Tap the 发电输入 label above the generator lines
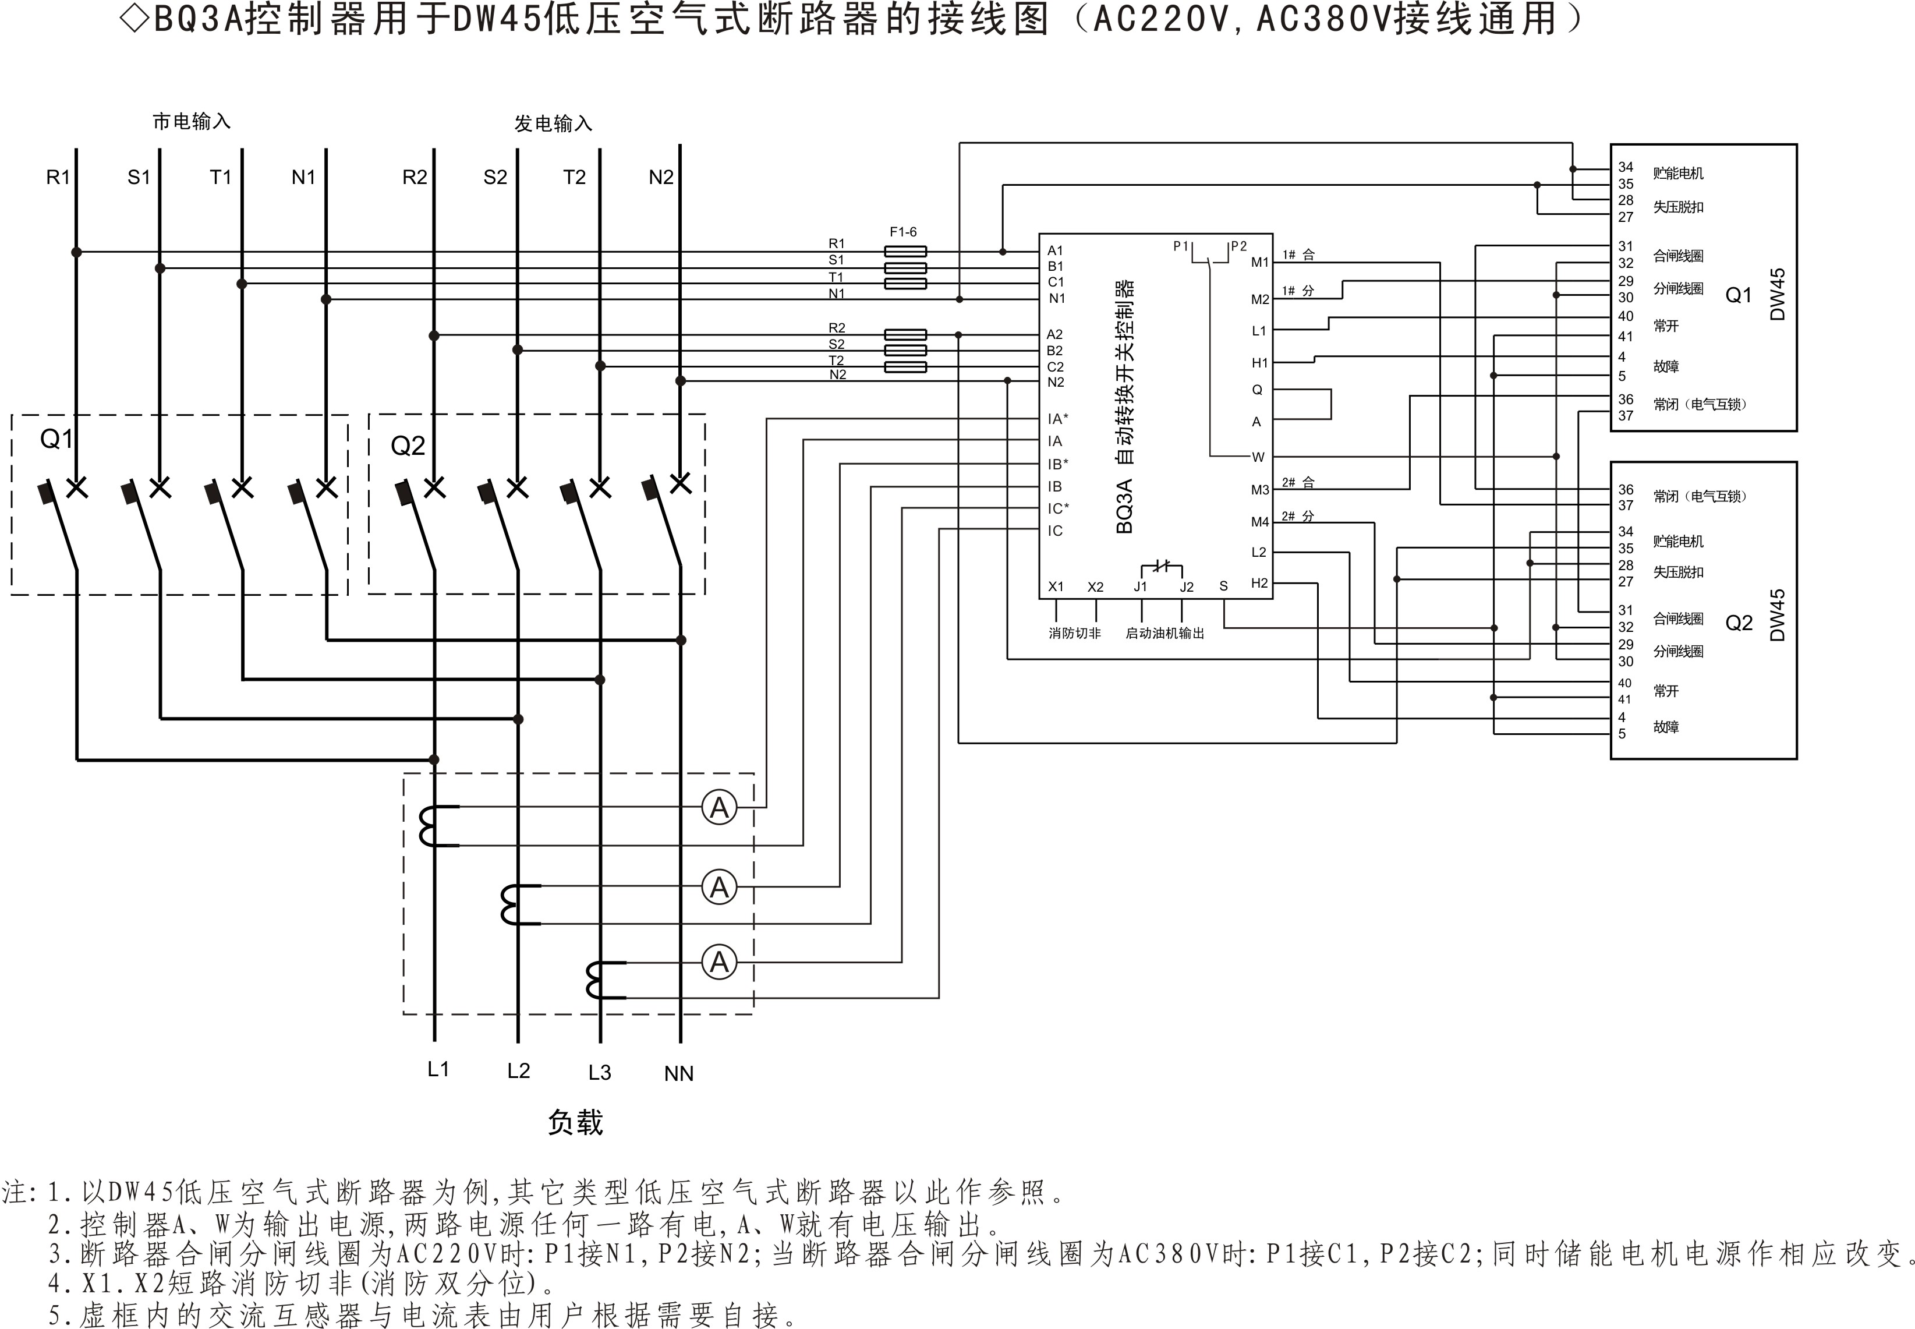[553, 124]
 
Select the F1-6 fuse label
[903, 231]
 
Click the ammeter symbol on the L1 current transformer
[719, 808]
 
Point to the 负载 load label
[574, 1122]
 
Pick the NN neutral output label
[678, 1073]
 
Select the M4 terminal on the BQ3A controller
[1260, 522]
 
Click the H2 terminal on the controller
[1259, 583]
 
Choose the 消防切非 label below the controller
[1074, 634]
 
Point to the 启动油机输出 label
[1164, 634]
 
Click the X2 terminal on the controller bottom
[1095, 587]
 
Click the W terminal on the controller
[1258, 457]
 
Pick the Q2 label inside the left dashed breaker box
[408, 446]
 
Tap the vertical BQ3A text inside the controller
[1124, 506]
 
